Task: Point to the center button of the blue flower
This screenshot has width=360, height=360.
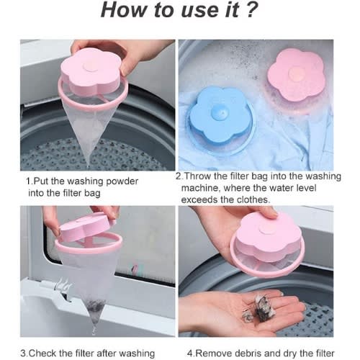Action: click(220, 112)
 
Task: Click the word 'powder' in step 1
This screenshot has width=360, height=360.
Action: click(122, 181)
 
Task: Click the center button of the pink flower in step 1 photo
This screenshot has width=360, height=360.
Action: click(91, 66)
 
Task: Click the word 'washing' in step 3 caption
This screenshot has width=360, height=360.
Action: click(137, 354)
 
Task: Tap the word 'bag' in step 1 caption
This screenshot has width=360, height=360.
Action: click(92, 194)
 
